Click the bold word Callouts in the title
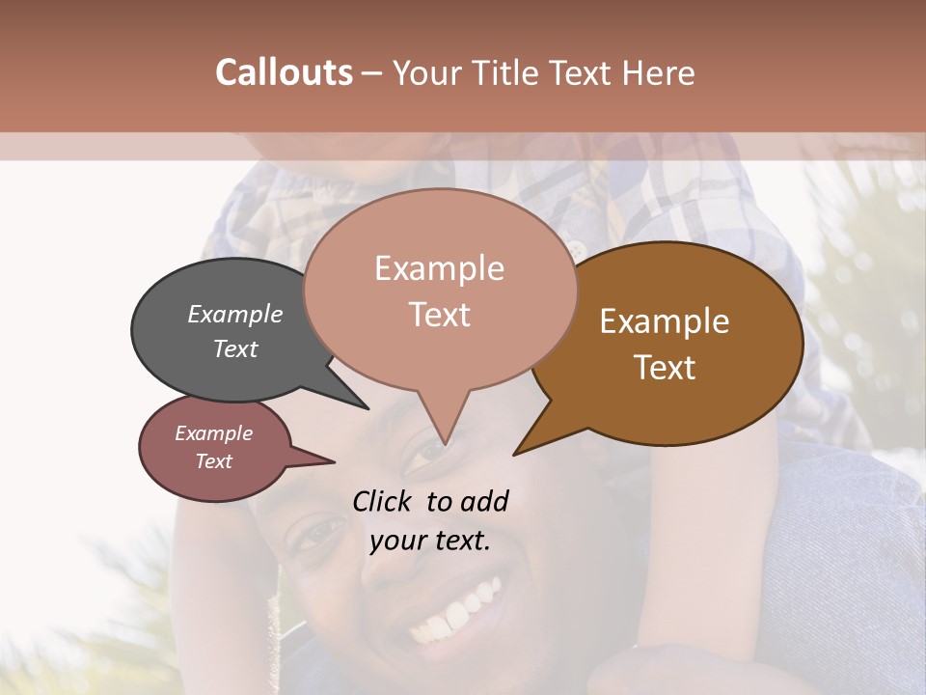click(284, 72)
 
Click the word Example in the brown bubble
click(665, 321)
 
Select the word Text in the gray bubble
click(235, 348)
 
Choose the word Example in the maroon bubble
click(213, 433)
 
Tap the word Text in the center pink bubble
click(439, 315)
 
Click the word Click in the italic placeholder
click(384, 501)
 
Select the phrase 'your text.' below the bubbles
click(430, 541)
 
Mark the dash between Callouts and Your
click(373, 72)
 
